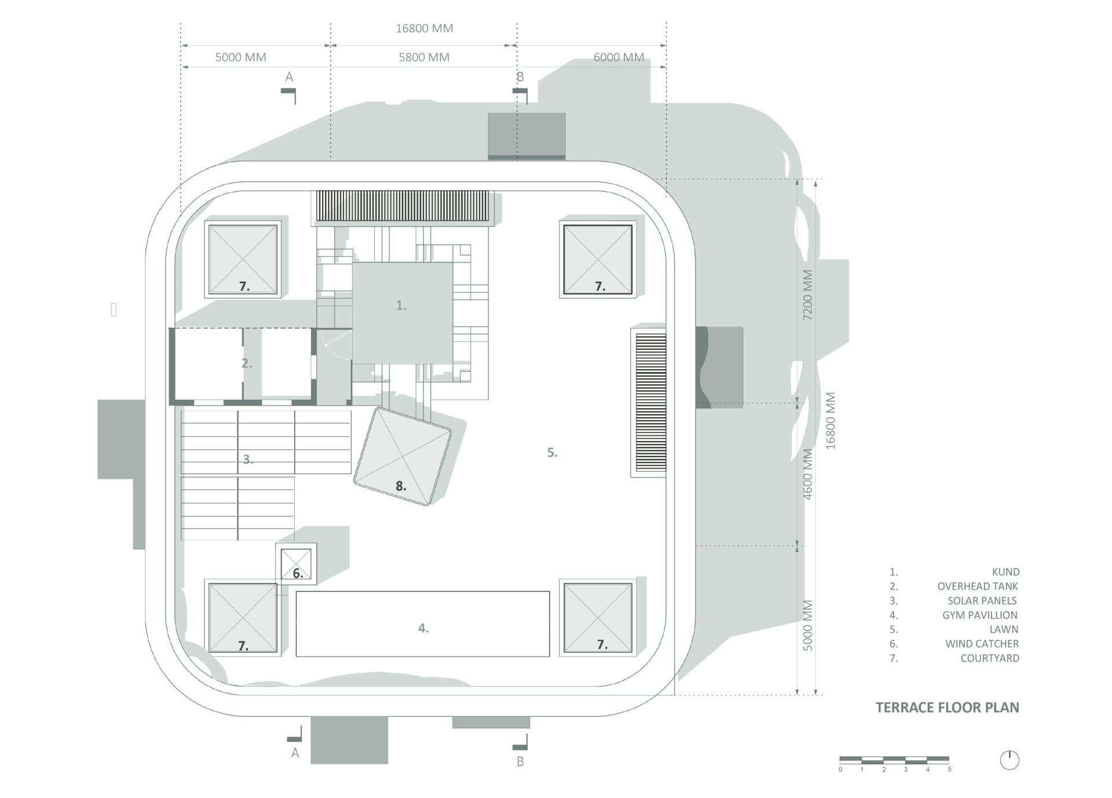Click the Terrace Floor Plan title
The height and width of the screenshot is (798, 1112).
pos(947,707)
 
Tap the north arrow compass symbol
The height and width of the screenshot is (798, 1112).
pos(1009,760)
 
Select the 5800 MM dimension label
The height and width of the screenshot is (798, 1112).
pos(423,57)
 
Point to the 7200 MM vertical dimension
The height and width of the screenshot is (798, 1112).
pos(807,295)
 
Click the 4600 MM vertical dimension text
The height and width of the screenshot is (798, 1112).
pos(807,473)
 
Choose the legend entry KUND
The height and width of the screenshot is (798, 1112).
pos(1005,571)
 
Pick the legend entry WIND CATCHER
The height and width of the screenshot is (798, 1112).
pos(982,643)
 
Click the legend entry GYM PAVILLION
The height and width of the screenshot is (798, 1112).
pos(979,615)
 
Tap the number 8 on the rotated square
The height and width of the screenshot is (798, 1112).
pos(401,486)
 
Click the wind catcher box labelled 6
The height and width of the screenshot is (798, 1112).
pos(297,564)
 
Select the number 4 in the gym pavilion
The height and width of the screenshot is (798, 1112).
pos(423,628)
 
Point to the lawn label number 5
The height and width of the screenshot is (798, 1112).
pos(552,452)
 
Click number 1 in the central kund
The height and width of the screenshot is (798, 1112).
pos(401,305)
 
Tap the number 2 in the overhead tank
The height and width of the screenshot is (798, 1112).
pos(246,363)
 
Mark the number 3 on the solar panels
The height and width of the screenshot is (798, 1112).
pos(247,459)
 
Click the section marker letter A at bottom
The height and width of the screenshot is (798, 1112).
pos(295,753)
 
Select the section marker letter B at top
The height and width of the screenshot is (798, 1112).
pos(520,76)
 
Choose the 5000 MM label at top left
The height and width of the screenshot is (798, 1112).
pos(240,57)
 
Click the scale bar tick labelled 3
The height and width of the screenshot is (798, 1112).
pos(906,770)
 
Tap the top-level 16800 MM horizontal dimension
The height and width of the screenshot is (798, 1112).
pos(424,28)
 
